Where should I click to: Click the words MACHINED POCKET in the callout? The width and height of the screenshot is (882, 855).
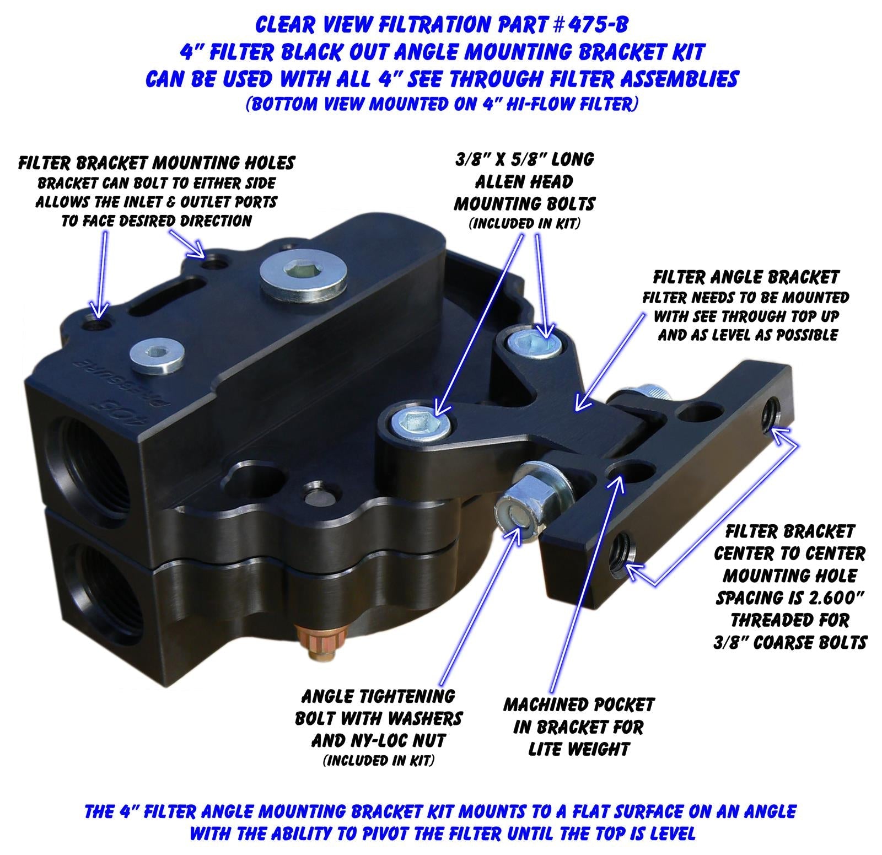point(578,705)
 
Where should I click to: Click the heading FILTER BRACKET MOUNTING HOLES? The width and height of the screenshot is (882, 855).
point(157,163)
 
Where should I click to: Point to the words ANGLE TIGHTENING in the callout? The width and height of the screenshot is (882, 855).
point(378,696)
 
